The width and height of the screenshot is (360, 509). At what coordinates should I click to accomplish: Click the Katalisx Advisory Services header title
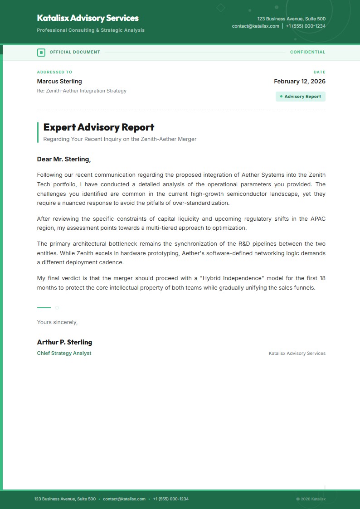pyautogui.click(x=88, y=18)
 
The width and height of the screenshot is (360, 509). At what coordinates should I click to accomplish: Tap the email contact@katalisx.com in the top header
pyautogui.click(x=255, y=26)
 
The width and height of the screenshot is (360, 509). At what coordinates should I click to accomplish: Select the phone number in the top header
pyautogui.click(x=306, y=26)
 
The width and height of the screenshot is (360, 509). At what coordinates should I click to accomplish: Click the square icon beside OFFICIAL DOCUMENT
pyautogui.click(x=41, y=52)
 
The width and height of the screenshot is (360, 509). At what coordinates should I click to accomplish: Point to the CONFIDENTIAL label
pyautogui.click(x=307, y=52)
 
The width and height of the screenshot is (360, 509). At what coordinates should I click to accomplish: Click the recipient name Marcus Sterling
pyautogui.click(x=59, y=82)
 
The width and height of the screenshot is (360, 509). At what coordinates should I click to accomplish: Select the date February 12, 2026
pyautogui.click(x=299, y=82)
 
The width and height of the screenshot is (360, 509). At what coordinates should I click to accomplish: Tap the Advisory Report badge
pyautogui.click(x=301, y=97)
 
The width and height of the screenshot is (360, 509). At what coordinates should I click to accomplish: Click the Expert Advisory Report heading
pyautogui.click(x=99, y=127)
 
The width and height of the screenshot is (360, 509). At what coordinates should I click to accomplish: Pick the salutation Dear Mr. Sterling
pyautogui.click(x=64, y=159)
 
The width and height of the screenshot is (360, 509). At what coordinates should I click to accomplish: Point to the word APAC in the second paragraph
pyautogui.click(x=317, y=219)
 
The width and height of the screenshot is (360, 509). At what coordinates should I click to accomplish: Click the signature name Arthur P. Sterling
pyautogui.click(x=64, y=342)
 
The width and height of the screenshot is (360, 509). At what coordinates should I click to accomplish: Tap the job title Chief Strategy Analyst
pyautogui.click(x=64, y=353)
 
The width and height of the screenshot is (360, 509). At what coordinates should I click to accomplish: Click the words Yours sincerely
pyautogui.click(x=57, y=322)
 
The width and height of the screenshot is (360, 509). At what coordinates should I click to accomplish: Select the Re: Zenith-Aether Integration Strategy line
pyautogui.click(x=82, y=91)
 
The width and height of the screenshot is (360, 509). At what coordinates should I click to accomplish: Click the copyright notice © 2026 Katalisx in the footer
pyautogui.click(x=311, y=499)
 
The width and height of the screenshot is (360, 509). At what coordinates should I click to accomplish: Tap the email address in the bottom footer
pyautogui.click(x=124, y=499)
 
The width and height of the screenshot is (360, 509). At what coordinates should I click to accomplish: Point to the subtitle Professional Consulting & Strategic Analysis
pyautogui.click(x=91, y=30)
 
